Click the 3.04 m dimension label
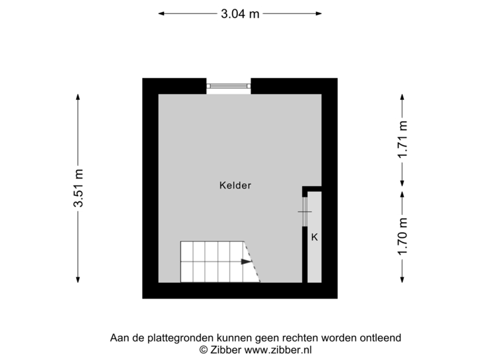tap(241, 13)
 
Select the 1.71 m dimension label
tap(402, 139)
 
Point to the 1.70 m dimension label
tap(402, 236)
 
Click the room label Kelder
tap(235, 186)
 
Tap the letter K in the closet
tap(314, 237)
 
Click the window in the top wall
tap(228, 85)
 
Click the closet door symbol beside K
tap(304, 212)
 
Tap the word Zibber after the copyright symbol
tap(227, 349)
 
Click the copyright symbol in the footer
tap(203, 349)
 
